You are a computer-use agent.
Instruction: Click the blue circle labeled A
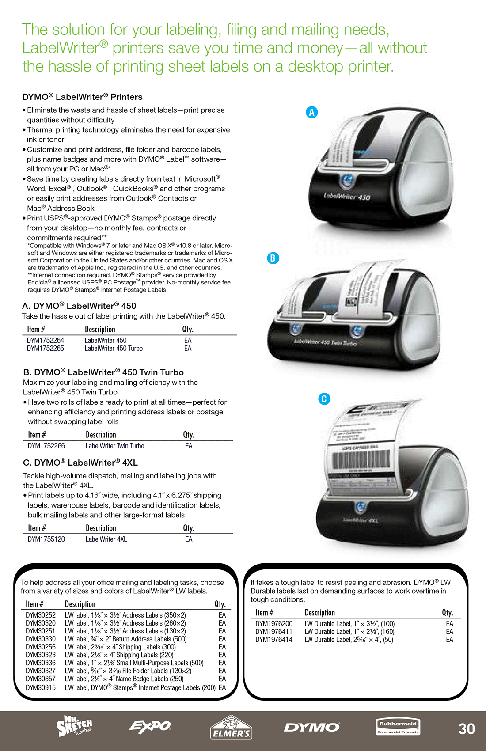(x=312, y=112)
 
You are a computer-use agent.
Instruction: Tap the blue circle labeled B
(x=273, y=258)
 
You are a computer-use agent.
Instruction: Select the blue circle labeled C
(x=324, y=399)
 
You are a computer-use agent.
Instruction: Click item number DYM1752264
(x=46, y=340)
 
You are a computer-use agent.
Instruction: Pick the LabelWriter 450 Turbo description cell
(x=114, y=348)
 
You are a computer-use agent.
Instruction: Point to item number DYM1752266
(x=46, y=446)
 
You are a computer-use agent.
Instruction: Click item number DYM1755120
(x=46, y=539)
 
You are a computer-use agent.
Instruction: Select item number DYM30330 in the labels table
(x=41, y=639)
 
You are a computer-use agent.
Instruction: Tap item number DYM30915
(x=41, y=687)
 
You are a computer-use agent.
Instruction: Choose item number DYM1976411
(x=274, y=632)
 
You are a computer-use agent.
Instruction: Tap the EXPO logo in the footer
(x=150, y=726)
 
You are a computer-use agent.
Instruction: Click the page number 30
(x=467, y=728)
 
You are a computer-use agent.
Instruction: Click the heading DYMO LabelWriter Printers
(x=83, y=97)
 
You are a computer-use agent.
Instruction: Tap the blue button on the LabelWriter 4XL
(x=361, y=507)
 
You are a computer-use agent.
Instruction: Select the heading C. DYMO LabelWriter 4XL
(x=80, y=463)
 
